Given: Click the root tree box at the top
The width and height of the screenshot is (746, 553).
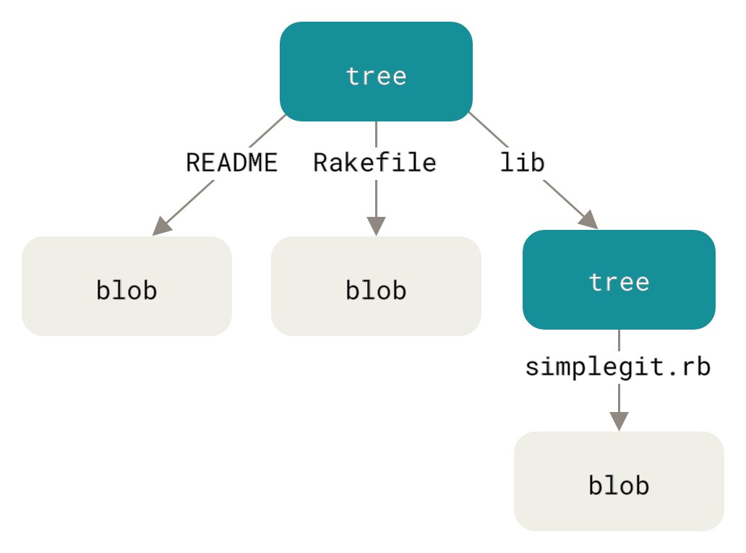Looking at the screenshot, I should click(376, 72).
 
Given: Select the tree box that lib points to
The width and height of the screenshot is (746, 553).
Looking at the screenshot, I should click(619, 280).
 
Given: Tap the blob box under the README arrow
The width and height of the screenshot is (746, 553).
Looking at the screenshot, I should click(127, 286).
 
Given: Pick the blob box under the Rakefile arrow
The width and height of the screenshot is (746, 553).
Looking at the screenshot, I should click(376, 286).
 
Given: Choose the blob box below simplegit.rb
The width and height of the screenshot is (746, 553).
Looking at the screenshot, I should click(619, 481).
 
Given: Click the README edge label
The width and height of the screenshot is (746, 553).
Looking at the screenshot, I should click(231, 163).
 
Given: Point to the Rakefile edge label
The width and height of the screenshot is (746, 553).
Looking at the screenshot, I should click(374, 163).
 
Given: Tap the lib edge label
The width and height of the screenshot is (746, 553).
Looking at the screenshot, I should click(522, 163).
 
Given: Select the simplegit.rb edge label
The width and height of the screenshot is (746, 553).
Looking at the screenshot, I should click(618, 367).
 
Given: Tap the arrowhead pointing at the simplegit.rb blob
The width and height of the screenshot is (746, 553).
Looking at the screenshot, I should click(619, 420).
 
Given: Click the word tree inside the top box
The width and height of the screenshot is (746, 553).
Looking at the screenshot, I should click(376, 75).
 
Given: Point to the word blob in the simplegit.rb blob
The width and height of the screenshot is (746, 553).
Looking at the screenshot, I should click(619, 485).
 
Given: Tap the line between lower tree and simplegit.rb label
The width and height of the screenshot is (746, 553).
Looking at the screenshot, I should click(619, 341).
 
